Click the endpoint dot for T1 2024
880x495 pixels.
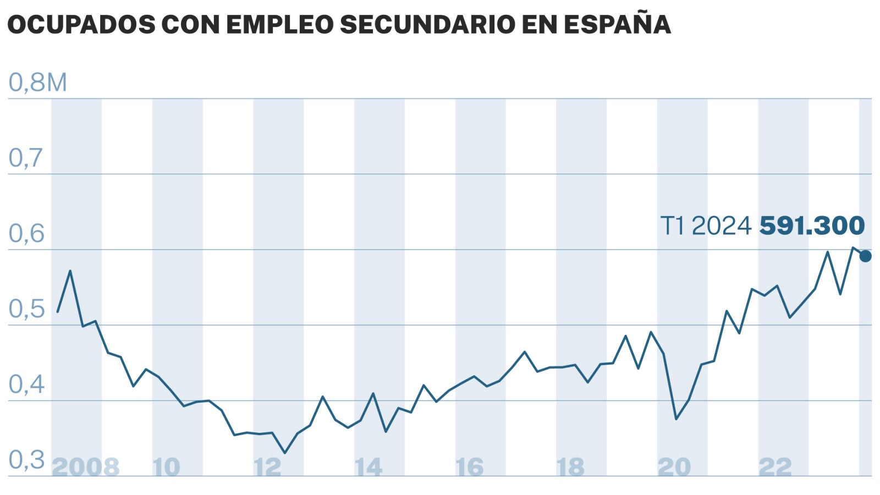pyautogui.click(x=865, y=256)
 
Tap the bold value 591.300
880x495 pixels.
pyautogui.click(x=812, y=226)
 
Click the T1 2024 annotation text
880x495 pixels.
pyautogui.click(x=706, y=226)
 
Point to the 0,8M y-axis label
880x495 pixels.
pyautogui.click(x=38, y=82)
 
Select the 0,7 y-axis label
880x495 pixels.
pyautogui.click(x=26, y=158)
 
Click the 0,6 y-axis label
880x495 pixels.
pyautogui.click(x=26, y=234)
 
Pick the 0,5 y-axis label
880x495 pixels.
pyautogui.click(x=26, y=309)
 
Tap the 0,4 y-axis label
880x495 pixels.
pyautogui.click(x=26, y=384)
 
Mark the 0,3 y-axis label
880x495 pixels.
pyautogui.click(x=26, y=460)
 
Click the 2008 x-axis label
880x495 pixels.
pyautogui.click(x=85, y=468)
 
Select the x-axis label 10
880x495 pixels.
pyautogui.click(x=166, y=468)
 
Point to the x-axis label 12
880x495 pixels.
pyautogui.click(x=267, y=468)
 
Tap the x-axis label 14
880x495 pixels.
pyautogui.click(x=369, y=468)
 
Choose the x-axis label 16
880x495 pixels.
pyautogui.click(x=469, y=468)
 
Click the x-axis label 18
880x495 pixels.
pyautogui.click(x=570, y=468)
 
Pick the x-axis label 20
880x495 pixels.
pyautogui.click(x=674, y=468)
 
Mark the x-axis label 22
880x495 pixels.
pyautogui.click(x=775, y=468)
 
